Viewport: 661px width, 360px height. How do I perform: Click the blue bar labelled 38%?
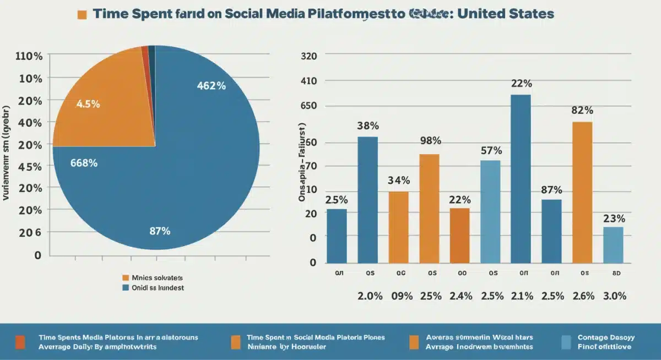click(x=368, y=199)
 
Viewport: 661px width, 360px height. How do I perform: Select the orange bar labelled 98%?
click(x=430, y=208)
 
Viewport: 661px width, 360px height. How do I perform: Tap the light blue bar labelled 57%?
click(x=491, y=211)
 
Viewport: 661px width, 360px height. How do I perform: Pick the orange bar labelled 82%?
click(x=582, y=192)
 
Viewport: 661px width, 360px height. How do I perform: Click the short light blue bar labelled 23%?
click(x=613, y=244)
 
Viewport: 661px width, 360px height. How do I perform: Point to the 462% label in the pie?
click(x=212, y=85)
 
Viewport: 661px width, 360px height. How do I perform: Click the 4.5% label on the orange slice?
click(x=88, y=104)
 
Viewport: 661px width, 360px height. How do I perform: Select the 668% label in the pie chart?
click(x=84, y=162)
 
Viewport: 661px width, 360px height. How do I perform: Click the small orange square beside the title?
click(x=82, y=14)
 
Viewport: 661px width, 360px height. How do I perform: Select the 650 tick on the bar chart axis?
click(x=309, y=106)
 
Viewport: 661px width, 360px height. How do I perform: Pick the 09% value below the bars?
click(x=401, y=296)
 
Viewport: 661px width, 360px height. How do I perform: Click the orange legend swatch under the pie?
click(x=125, y=278)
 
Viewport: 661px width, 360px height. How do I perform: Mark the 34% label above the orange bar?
click(x=399, y=180)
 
